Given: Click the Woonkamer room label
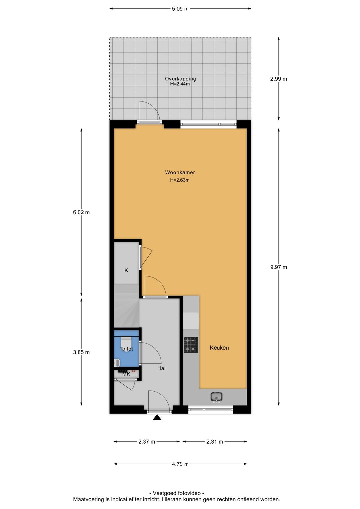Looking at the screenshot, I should [x=180, y=172].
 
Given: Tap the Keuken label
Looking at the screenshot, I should [x=219, y=348].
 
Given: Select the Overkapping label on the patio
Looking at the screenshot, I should [x=180, y=79].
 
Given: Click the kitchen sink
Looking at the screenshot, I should [x=216, y=397].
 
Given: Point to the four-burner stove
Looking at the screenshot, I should [x=191, y=345].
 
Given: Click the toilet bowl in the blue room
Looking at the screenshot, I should [x=126, y=343].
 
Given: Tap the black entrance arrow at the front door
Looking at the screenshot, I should [x=157, y=417].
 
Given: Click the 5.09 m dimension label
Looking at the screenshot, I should [x=180, y=9].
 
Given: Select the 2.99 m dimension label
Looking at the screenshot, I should [x=279, y=79].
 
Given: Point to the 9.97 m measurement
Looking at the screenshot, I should [x=279, y=267].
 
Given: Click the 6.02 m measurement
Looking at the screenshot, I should [x=81, y=212].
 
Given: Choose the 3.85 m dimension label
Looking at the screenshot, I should [x=81, y=352].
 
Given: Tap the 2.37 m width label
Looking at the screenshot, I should [x=147, y=442].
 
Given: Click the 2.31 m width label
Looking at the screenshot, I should [x=215, y=442].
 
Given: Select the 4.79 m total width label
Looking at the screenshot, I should [x=180, y=464].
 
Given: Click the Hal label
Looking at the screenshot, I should [x=161, y=368].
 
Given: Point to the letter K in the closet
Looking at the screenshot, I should [x=126, y=270].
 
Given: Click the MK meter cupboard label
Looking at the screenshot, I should [x=126, y=374].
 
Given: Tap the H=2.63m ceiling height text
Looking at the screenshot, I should [x=180, y=180].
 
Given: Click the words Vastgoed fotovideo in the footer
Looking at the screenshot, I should [x=177, y=493].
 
